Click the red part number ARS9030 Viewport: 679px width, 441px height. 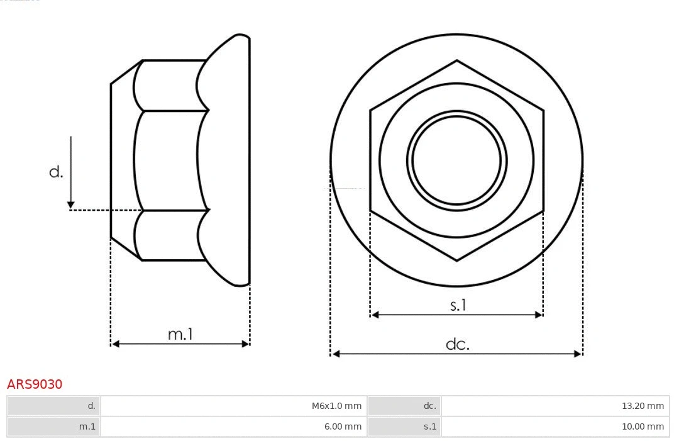35,384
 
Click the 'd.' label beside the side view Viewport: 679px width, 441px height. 56,172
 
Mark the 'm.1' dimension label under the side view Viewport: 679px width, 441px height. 180,335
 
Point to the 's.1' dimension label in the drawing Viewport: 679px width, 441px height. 458,306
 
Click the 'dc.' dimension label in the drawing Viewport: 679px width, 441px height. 457,344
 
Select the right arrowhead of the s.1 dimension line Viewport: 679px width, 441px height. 539,315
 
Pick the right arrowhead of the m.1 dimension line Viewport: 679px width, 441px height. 246,343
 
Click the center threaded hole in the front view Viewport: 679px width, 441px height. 456,160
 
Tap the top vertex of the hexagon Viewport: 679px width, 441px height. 456,60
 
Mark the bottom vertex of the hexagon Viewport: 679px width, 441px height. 456,260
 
